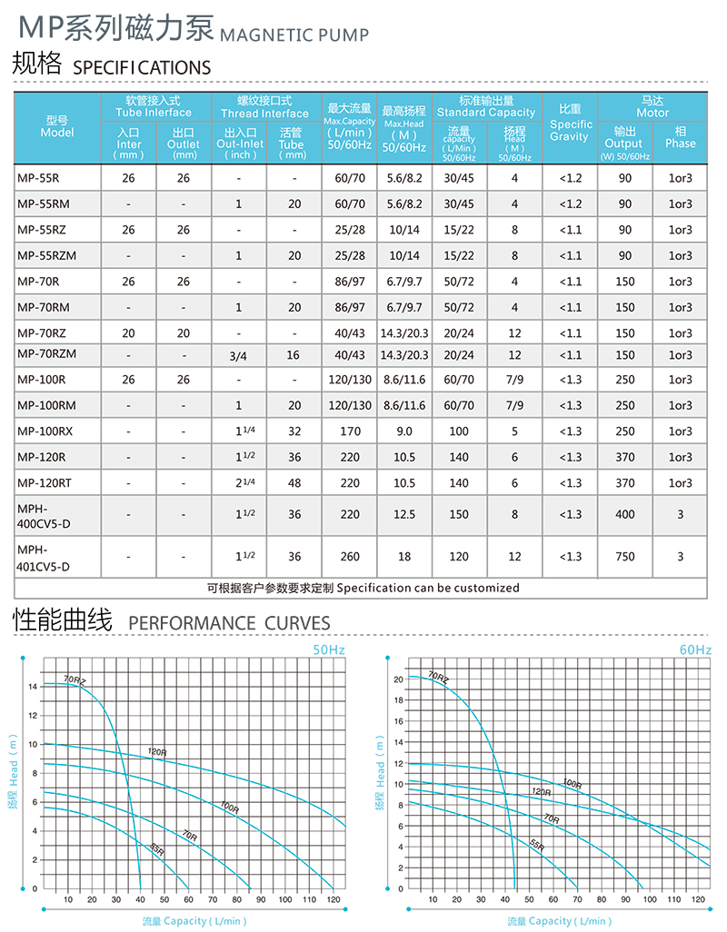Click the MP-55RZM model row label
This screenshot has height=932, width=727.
[46, 256]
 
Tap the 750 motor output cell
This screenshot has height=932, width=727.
[624, 557]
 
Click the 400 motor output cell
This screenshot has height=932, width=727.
[624, 514]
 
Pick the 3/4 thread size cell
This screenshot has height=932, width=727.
[238, 355]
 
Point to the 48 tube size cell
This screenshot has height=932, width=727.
[294, 483]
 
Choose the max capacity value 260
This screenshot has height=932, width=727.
[350, 557]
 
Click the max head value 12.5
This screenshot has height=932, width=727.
[404, 514]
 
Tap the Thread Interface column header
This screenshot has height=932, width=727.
[265, 107]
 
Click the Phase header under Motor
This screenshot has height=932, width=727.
[680, 137]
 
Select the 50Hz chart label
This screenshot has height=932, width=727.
[329, 649]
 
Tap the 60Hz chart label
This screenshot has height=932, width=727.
[695, 649]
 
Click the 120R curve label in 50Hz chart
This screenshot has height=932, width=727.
[157, 751]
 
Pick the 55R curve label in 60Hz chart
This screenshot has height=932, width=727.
[537, 845]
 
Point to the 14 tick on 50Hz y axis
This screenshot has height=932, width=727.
[32, 686]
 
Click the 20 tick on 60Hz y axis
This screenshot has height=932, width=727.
[398, 679]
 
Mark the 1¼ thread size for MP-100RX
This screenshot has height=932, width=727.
[244, 431]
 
